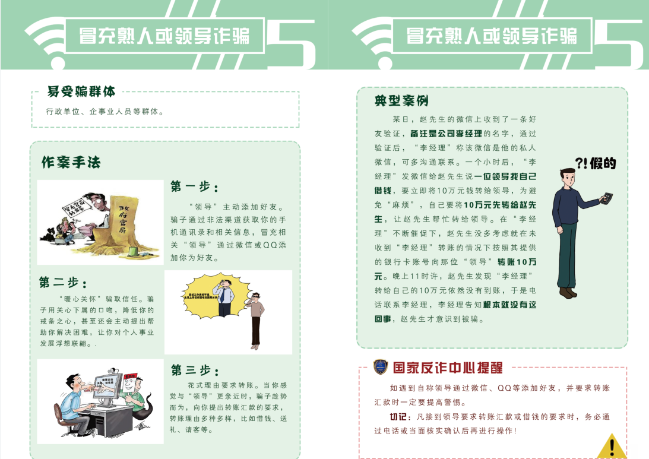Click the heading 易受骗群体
(x=81, y=91)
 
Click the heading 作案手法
(x=71, y=162)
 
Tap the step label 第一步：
(x=194, y=187)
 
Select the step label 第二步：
(x=64, y=282)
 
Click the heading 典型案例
(x=401, y=100)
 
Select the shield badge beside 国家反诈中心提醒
(x=380, y=367)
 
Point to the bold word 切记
(x=400, y=417)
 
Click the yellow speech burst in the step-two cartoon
(x=205, y=295)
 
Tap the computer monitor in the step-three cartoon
(x=113, y=389)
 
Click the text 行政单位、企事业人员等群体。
(x=105, y=111)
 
